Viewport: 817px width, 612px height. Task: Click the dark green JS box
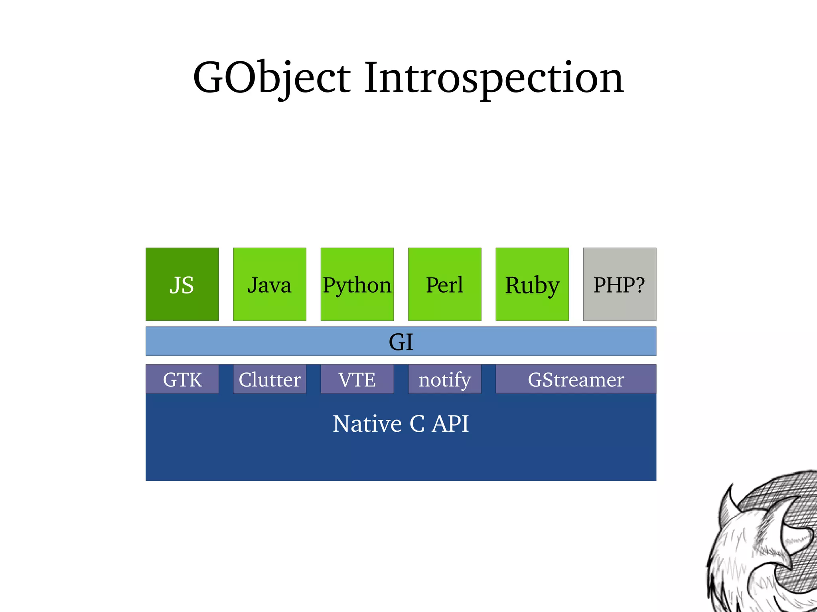coord(182,284)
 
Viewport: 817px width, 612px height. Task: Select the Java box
coord(269,284)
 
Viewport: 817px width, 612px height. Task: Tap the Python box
coord(357,284)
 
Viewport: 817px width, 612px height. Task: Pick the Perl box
coord(444,284)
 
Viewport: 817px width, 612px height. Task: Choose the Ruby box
coord(532,284)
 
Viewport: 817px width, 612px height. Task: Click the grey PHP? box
coord(619,284)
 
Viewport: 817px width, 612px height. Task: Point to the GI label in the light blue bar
coord(401,342)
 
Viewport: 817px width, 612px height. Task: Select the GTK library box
coord(182,379)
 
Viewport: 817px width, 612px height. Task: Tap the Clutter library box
coord(269,379)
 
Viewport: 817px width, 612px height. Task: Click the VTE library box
coord(357,379)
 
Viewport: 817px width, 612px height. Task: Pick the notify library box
coord(444,379)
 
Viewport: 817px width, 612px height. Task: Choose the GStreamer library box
coord(576,379)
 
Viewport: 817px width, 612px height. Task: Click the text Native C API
coord(401,423)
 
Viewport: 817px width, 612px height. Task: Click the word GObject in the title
coord(272,78)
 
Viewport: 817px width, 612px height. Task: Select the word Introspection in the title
coord(493,78)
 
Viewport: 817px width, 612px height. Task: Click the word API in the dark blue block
coord(450,423)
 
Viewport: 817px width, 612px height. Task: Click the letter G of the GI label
coord(396,342)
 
